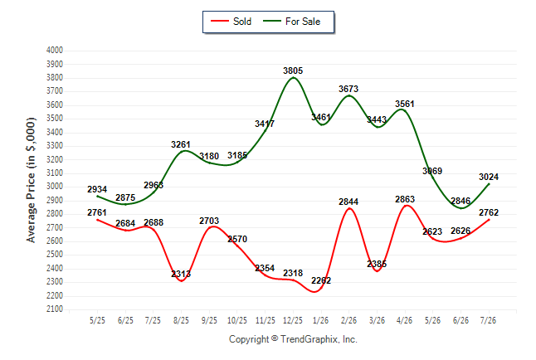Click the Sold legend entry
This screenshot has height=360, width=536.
pyautogui.click(x=231, y=22)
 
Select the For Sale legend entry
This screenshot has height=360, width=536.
pyautogui.click(x=291, y=22)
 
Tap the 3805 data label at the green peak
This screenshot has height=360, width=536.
pyautogui.click(x=293, y=71)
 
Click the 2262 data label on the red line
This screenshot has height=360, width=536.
pyautogui.click(x=321, y=280)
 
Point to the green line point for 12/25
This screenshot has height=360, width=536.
pyautogui.click(x=293, y=78)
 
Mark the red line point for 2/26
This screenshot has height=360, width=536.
pyautogui.click(x=349, y=208)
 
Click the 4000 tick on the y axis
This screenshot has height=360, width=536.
pyautogui.click(x=55, y=51)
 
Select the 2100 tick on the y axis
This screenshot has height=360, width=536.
pyautogui.click(x=55, y=309)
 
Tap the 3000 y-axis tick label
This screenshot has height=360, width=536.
pyautogui.click(x=55, y=187)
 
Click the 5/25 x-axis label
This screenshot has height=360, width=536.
pyautogui.click(x=97, y=320)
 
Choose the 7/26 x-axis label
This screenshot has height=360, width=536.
pyautogui.click(x=488, y=320)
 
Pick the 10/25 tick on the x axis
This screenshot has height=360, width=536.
pyautogui.click(x=237, y=320)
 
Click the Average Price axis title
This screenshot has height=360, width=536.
pyautogui.click(x=31, y=180)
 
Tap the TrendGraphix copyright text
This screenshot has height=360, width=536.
pyautogui.click(x=293, y=339)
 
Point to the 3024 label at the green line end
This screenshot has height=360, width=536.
pyautogui.click(x=489, y=177)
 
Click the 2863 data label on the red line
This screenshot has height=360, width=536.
pyautogui.click(x=405, y=199)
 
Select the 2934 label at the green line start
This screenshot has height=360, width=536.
pyautogui.click(x=97, y=189)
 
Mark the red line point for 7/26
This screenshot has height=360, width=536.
pyautogui.click(x=489, y=220)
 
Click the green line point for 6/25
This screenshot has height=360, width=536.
pyautogui.click(x=125, y=204)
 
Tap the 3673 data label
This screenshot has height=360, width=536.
pyautogui.click(x=348, y=90)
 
